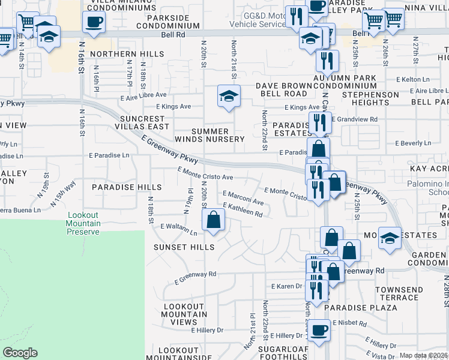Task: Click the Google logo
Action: (x=20, y=353)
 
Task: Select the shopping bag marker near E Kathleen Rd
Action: (x=213, y=221)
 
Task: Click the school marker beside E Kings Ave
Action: (x=228, y=97)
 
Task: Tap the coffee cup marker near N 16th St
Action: (x=94, y=23)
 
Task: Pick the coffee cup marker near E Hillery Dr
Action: (x=319, y=329)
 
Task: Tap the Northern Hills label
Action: (x=127, y=54)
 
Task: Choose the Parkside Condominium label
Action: (x=167, y=22)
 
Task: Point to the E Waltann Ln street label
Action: (x=178, y=229)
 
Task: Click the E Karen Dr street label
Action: (x=286, y=286)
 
